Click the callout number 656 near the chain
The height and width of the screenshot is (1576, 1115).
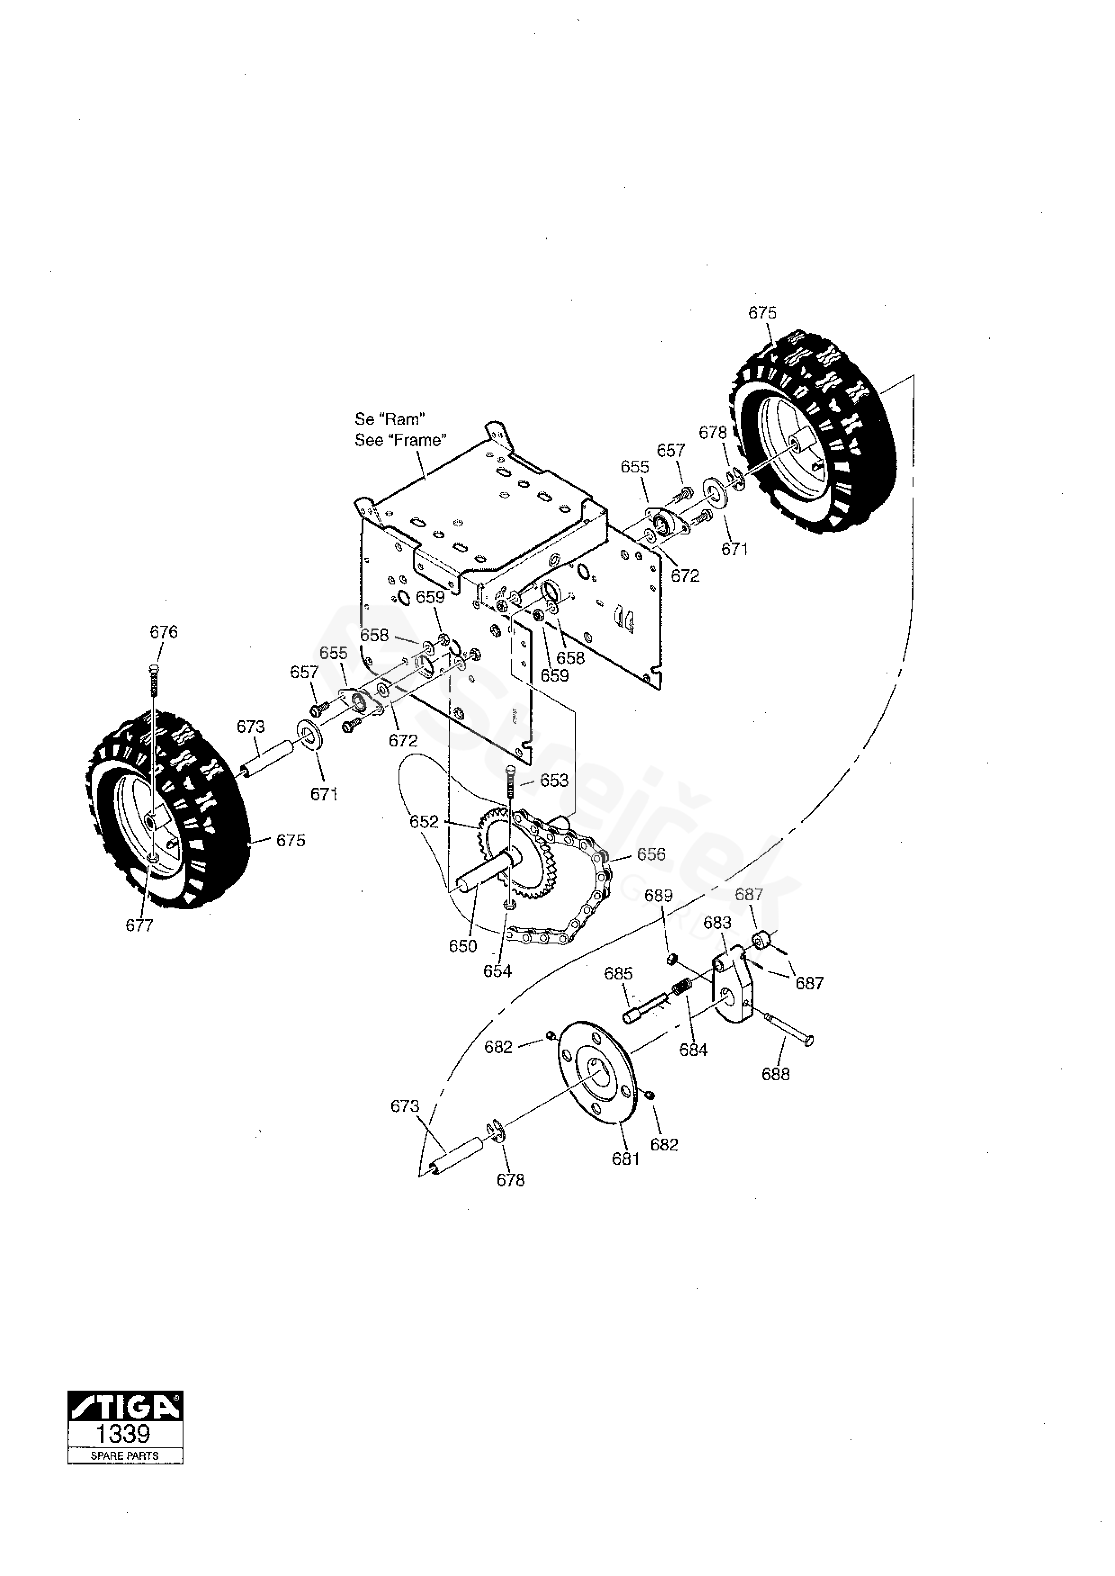pyautogui.click(x=651, y=854)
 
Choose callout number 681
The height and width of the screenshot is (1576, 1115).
pyautogui.click(x=626, y=1159)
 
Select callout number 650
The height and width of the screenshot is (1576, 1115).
pyautogui.click(x=463, y=946)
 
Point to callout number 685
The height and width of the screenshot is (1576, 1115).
pyautogui.click(x=618, y=973)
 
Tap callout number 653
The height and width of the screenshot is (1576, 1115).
pyautogui.click(x=554, y=780)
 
